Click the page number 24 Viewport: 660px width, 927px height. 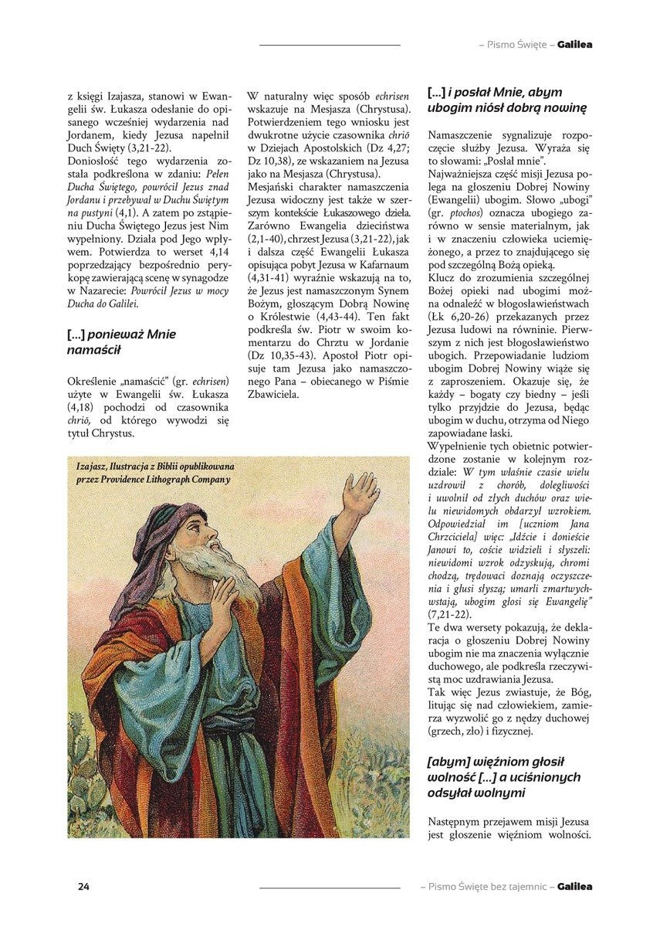click(83, 886)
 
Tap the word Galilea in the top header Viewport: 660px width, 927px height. click(575, 45)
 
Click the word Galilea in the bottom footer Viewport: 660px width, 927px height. click(575, 887)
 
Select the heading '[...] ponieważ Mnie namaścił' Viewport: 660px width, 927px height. click(122, 342)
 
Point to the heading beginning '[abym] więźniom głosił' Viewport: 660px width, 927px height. click(503, 776)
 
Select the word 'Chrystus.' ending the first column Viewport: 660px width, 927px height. click(112, 433)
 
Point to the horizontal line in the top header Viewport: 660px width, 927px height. click(330, 45)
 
